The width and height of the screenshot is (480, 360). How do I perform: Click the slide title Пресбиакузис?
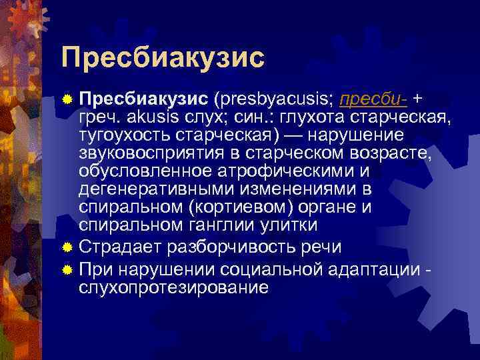click(x=163, y=57)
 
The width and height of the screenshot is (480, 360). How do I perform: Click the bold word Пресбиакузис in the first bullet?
click(x=143, y=99)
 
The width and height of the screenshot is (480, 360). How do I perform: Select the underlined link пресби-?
click(x=373, y=99)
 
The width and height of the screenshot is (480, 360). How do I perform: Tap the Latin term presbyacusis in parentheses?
click(x=273, y=99)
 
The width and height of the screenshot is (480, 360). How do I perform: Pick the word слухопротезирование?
click(x=173, y=287)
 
